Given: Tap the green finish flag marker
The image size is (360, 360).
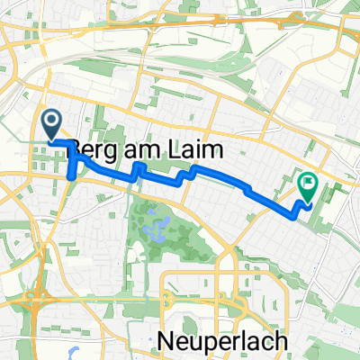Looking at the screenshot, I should pos(309,186).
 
